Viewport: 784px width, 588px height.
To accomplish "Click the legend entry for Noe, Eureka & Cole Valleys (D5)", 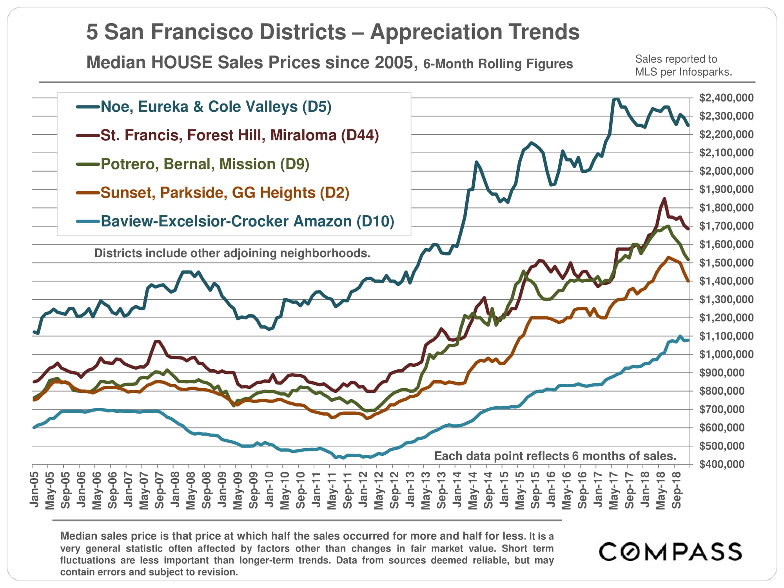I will click(x=216, y=107).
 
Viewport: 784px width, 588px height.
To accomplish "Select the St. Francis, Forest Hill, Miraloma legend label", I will click(x=239, y=135).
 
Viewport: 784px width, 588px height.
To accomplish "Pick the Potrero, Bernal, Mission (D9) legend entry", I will click(x=205, y=164).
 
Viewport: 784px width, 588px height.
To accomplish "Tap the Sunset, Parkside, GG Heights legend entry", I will click(x=225, y=192).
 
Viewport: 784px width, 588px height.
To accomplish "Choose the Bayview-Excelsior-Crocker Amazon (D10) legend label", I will click(x=247, y=221).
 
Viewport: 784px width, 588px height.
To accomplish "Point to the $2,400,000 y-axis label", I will click(x=726, y=98).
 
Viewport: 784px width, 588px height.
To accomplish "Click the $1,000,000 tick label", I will click(x=726, y=354).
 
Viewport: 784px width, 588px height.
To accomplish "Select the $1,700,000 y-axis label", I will click(x=726, y=226).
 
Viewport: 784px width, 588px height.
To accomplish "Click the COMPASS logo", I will click(x=670, y=552).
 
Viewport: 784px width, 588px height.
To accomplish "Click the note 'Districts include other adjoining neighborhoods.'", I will click(x=232, y=253).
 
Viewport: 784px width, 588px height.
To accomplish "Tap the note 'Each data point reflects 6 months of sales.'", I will click(x=555, y=456).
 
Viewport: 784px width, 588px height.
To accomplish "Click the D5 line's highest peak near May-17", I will click(x=615, y=99).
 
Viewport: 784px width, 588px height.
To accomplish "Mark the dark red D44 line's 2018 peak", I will click(x=664, y=199).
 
